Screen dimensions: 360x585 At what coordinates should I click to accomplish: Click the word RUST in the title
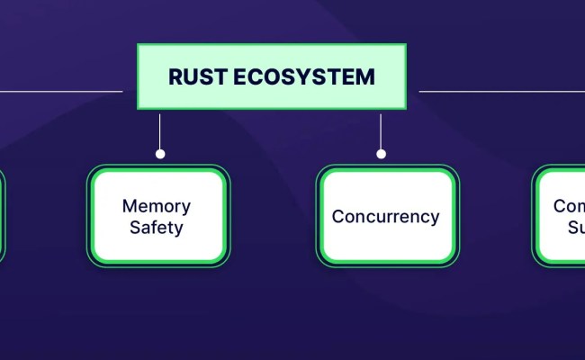pyautogui.click(x=193, y=76)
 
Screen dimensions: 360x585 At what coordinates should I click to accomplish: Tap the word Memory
pyautogui.click(x=156, y=205)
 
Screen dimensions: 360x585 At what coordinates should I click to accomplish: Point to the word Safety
pyautogui.click(x=156, y=227)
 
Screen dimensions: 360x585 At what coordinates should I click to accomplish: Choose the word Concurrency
pyautogui.click(x=385, y=217)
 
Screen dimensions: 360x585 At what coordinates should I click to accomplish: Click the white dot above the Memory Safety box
pyautogui.click(x=160, y=154)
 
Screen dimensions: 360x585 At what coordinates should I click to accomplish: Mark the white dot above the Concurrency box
pyautogui.click(x=381, y=154)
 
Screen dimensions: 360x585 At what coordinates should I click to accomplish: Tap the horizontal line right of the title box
pyautogui.click(x=499, y=91)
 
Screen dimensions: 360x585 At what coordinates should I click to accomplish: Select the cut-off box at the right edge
pyautogui.click(x=560, y=216)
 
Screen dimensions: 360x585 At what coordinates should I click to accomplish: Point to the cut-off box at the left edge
pyautogui.click(x=2, y=216)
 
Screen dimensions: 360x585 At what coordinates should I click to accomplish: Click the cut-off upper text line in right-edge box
pyautogui.click(x=569, y=205)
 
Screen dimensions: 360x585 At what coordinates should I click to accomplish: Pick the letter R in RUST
pyautogui.click(x=175, y=76)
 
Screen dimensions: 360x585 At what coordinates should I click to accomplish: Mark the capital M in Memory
pyautogui.click(x=130, y=205)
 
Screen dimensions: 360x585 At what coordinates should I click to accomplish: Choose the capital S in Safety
pyautogui.click(x=134, y=227)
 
